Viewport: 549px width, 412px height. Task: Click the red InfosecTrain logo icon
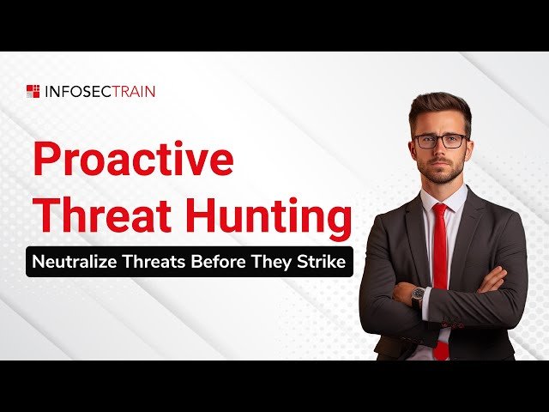coord(33,91)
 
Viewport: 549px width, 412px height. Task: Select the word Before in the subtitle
coord(227,262)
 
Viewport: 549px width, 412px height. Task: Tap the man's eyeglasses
coord(440,141)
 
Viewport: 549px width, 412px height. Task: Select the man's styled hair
coord(439,107)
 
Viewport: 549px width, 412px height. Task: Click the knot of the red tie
coord(440,211)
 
